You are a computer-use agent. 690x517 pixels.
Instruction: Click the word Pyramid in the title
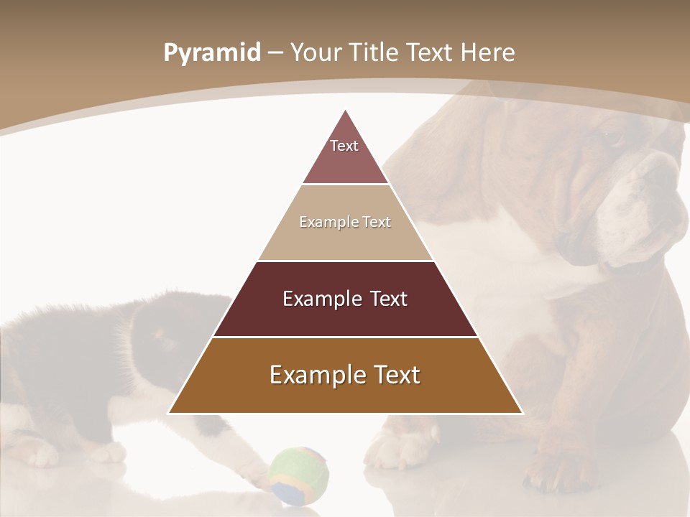coord(211,53)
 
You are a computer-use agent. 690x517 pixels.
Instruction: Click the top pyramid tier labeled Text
coord(345,154)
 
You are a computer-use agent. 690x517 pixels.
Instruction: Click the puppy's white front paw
coord(248,467)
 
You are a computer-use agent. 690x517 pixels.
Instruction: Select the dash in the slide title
coord(275,53)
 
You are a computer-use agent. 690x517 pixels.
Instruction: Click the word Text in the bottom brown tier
coord(392,375)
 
